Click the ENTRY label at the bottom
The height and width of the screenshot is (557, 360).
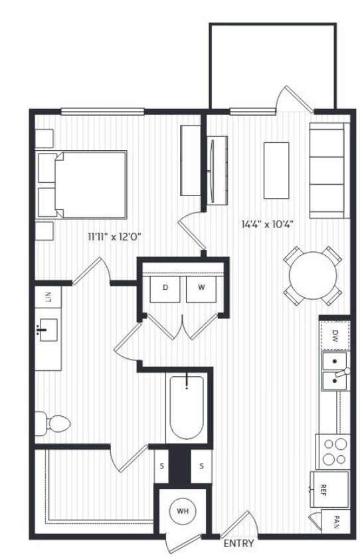238,543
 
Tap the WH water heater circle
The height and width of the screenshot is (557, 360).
183,511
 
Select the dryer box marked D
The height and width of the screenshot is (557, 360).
165,288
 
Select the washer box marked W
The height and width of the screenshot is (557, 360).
199,288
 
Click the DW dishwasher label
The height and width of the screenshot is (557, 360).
335,336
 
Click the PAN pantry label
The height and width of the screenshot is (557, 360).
336,520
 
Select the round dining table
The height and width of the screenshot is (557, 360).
312,275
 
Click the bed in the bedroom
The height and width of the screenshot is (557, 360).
83,184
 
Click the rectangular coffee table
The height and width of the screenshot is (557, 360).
276,169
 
